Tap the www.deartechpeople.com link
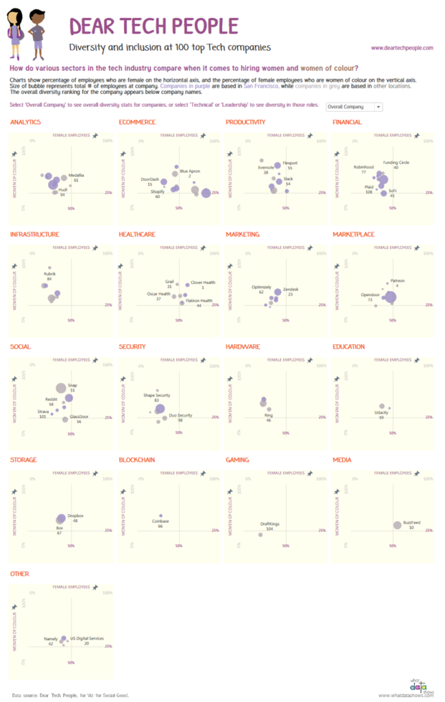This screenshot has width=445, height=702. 402,48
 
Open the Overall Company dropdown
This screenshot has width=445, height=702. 354,107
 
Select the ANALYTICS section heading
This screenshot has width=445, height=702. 25,122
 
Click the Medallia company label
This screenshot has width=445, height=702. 76,175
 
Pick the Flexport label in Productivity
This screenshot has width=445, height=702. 290,163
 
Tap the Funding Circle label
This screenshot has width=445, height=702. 396,162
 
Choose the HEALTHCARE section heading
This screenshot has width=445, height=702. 136,234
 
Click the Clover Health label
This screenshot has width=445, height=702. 203,282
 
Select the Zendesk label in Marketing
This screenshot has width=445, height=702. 291,289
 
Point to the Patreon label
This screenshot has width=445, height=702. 397,280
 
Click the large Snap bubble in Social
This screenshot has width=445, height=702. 61,388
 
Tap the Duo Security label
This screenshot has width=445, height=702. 180,415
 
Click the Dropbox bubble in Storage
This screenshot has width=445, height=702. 61,519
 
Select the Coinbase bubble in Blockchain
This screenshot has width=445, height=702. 160,516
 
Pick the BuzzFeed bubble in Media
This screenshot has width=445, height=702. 397,525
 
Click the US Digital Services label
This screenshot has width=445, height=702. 87,638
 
